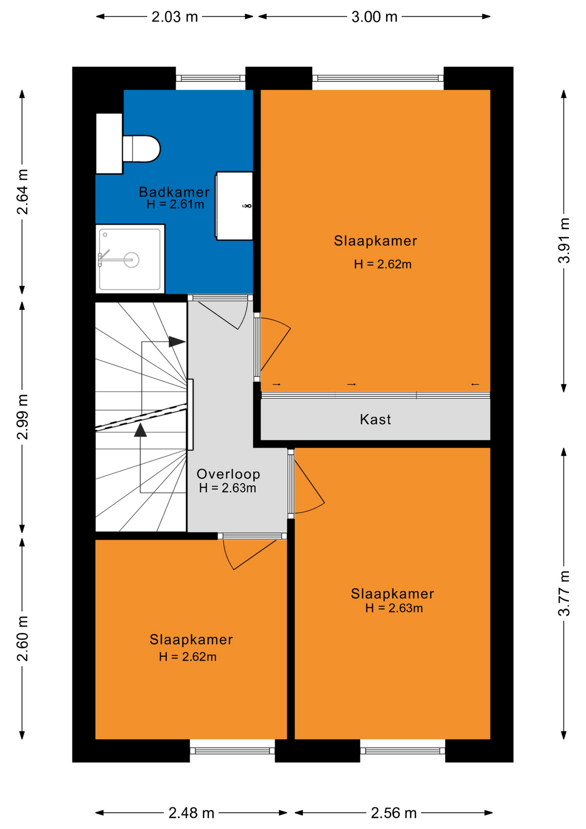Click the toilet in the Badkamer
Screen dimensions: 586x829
(x=141, y=149)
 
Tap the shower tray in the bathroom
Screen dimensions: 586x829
(x=130, y=259)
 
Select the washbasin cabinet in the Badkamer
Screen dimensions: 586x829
(x=234, y=206)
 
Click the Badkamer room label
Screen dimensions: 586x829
(x=174, y=192)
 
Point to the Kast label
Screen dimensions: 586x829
(x=375, y=419)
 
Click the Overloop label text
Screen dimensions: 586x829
(x=228, y=474)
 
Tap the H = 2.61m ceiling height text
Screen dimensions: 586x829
(x=175, y=204)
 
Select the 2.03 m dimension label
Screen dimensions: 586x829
(x=175, y=17)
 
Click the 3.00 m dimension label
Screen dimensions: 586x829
(x=374, y=17)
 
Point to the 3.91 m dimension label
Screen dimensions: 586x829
(x=564, y=240)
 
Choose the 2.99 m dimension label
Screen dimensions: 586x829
(x=22, y=417)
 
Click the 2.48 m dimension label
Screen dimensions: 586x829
(x=191, y=813)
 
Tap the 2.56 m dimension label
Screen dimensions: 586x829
(x=394, y=813)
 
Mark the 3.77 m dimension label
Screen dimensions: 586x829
(x=564, y=593)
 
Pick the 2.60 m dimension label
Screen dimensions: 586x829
(x=22, y=639)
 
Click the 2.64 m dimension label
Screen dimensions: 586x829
(x=22, y=192)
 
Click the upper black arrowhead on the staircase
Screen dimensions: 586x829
(x=177, y=342)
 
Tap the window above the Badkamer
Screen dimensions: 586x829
(x=211, y=78)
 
